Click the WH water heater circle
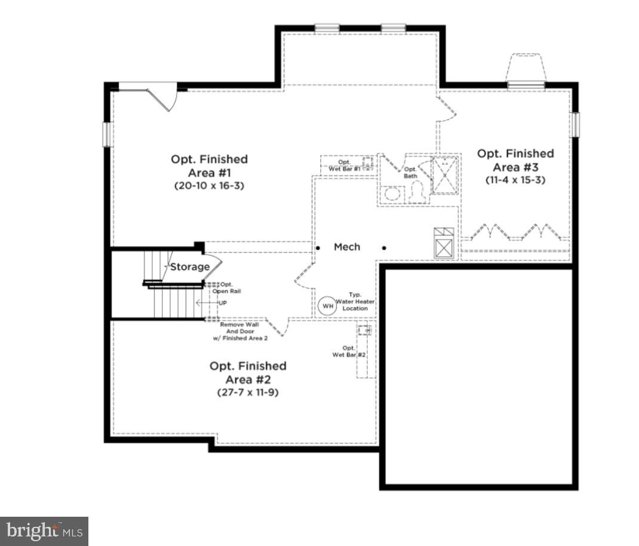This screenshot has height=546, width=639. [327, 306]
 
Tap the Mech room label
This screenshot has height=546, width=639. [347, 247]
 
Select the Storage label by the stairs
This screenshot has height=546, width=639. [190, 267]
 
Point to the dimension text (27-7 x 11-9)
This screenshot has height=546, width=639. [248, 392]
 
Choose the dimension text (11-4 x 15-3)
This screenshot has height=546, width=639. [515, 180]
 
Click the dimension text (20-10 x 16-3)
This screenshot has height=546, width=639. [209, 186]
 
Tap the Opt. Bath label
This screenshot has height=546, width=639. [411, 173]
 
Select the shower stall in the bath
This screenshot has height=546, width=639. [446, 174]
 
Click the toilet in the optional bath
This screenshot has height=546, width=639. [417, 192]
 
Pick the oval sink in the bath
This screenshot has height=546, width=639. [392, 194]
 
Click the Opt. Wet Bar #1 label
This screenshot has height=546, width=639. [345, 165]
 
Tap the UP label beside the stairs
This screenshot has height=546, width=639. [222, 303]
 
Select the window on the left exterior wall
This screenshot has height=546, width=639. [108, 134]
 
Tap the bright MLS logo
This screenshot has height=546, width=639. [44, 530]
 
